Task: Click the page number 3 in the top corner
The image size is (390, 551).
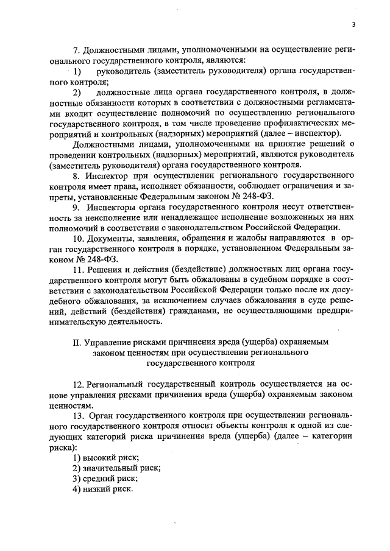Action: pyautogui.click(x=353, y=24)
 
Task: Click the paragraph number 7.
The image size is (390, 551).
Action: pyautogui.click(x=76, y=49)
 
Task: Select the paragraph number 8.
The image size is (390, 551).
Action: pyautogui.click(x=76, y=175)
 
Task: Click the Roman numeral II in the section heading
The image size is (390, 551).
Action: pyautogui.click(x=77, y=342)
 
